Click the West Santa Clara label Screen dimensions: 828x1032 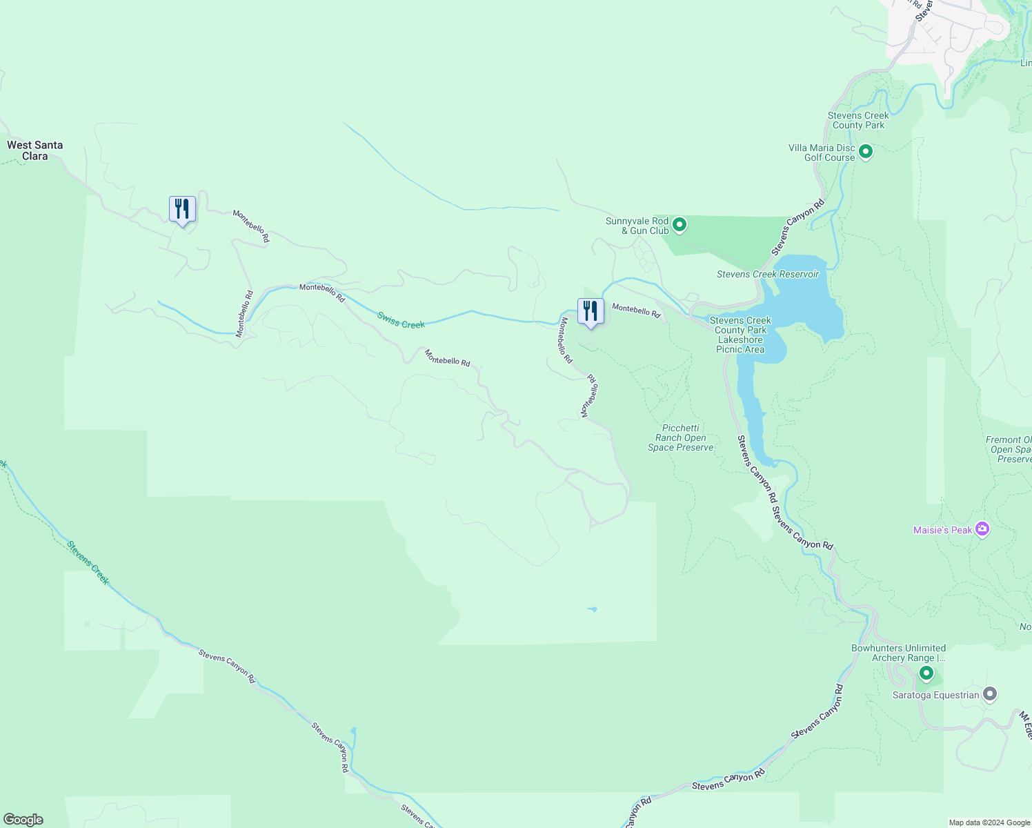click(35, 150)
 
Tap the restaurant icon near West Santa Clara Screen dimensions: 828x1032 click(182, 209)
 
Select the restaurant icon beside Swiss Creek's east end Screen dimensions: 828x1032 click(591, 311)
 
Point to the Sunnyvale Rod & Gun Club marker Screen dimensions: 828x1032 click(679, 225)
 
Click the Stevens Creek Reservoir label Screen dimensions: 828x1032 click(767, 275)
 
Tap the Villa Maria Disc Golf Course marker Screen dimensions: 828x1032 click(866, 151)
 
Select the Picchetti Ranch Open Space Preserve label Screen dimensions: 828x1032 click(680, 438)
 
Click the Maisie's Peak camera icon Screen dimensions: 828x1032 click(982, 530)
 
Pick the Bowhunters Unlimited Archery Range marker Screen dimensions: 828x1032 click(926, 673)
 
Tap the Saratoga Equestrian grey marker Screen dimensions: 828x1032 click(990, 694)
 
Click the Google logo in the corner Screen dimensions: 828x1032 click(23, 820)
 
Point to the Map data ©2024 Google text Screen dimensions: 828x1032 click(989, 822)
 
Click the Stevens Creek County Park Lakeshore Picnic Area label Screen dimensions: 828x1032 click(740, 335)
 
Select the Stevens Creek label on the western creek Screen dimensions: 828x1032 click(88, 562)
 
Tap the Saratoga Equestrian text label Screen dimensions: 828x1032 click(935, 695)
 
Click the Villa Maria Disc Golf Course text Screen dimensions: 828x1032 click(822, 152)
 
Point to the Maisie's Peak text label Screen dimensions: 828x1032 click(942, 530)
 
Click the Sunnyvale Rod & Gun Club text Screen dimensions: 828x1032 click(637, 226)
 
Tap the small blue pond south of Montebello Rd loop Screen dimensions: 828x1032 click(592, 609)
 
